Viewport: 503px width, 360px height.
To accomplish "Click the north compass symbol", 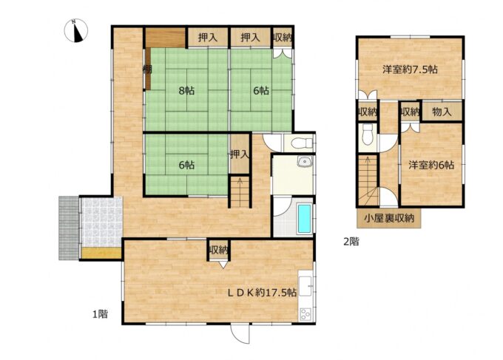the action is tap(75, 31).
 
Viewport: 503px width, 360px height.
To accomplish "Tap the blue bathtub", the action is tap(304, 218).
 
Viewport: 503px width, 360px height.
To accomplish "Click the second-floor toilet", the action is tap(367, 135).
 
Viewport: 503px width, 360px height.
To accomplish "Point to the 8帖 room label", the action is tap(186, 91).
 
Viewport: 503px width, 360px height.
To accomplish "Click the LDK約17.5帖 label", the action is tap(262, 292).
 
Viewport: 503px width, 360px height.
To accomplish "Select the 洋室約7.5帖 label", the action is tap(410, 69).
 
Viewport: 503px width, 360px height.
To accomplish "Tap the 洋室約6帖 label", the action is tap(431, 165).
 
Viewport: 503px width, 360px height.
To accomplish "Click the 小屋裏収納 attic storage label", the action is tap(389, 218).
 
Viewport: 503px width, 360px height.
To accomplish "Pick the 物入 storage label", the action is tap(442, 112).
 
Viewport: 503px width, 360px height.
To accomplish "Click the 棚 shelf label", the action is tap(147, 69).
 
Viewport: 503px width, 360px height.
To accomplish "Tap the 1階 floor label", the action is tap(100, 314).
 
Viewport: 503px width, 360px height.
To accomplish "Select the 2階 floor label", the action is tap(351, 241).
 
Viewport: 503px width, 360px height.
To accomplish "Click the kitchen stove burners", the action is tap(305, 314).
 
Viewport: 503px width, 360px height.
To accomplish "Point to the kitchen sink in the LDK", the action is tap(305, 286).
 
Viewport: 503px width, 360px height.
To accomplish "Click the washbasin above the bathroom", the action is tap(303, 162).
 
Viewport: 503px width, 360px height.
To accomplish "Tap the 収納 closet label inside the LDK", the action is tap(218, 250).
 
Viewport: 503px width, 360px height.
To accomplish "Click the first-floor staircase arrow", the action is tap(240, 191).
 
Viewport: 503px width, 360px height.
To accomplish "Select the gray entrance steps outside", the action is tap(69, 228).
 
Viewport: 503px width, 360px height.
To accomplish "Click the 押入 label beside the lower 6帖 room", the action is tap(240, 154).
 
